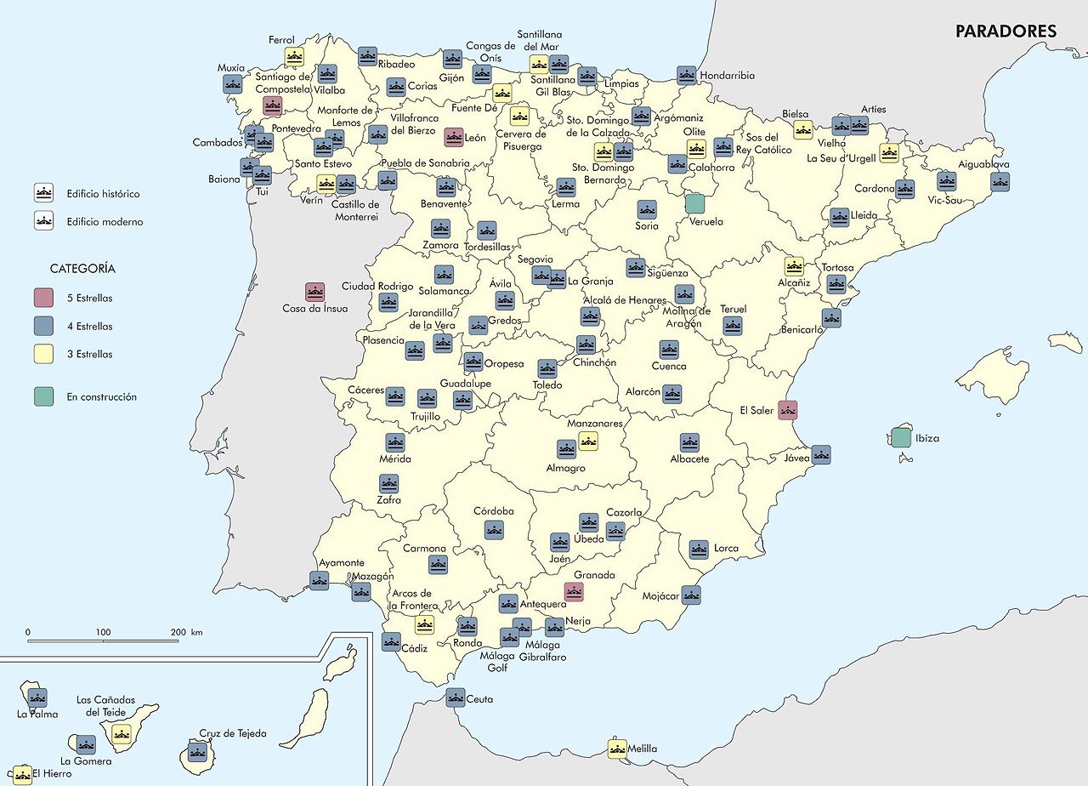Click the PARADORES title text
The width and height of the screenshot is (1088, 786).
pos(1006,31)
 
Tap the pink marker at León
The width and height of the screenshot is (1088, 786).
pos(454,137)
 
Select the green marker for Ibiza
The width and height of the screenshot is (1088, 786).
pos(901,438)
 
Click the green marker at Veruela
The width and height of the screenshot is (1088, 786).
pos(694,203)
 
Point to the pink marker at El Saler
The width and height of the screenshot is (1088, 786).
pos(787,410)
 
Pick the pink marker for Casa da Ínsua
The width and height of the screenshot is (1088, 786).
pos(314,293)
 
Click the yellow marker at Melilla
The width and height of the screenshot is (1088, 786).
pos(617,749)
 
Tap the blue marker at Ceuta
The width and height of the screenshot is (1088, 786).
pos(456,698)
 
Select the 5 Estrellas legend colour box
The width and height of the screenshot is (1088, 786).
pos(44,299)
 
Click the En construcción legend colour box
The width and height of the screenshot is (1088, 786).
pos(44,396)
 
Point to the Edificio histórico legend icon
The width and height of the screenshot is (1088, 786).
pos(44,193)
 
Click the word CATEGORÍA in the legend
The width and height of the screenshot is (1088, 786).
pos(82,268)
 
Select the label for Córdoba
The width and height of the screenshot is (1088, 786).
pos(494,511)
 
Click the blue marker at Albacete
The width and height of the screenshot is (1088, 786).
pos(689,442)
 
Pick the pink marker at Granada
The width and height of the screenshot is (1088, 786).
pos(574,591)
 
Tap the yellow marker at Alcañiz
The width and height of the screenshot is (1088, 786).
pos(794,266)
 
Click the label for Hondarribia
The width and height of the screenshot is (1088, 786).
pos(727,76)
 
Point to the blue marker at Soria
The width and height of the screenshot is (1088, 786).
pos(647,209)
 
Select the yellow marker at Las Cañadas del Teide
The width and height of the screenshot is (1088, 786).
pos(121,734)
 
